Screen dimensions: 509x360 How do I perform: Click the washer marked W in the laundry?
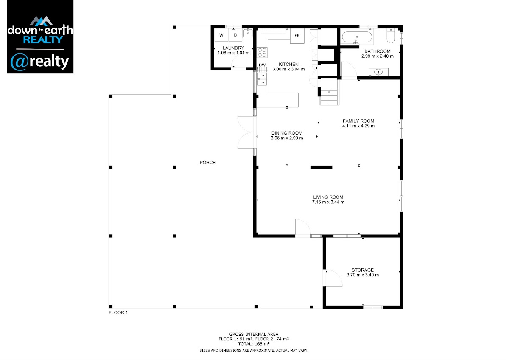click(221, 35)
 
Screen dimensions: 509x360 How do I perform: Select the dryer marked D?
click(235, 35)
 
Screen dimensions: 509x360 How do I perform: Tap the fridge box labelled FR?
click(297, 36)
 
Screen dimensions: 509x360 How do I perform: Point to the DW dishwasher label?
click(262, 65)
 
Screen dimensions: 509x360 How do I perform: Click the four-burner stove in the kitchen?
click(262, 53)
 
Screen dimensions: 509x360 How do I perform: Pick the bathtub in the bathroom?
click(357, 37)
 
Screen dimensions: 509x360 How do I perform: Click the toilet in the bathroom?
click(391, 36)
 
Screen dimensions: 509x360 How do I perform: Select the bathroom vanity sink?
click(378, 72)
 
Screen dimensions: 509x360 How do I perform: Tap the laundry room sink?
click(248, 33)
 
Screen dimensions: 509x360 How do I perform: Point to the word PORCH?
click(208, 163)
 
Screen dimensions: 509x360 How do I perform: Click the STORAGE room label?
click(363, 270)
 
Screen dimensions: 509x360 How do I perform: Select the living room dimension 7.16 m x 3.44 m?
click(328, 202)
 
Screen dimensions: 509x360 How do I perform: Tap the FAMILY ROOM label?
click(358, 121)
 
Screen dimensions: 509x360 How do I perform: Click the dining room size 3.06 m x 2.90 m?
click(287, 138)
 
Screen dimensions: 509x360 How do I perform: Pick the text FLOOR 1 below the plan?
click(118, 313)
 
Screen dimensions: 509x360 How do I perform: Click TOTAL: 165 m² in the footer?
click(254, 344)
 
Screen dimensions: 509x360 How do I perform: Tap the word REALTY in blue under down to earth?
click(43, 40)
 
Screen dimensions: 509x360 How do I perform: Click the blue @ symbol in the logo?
click(20, 62)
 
